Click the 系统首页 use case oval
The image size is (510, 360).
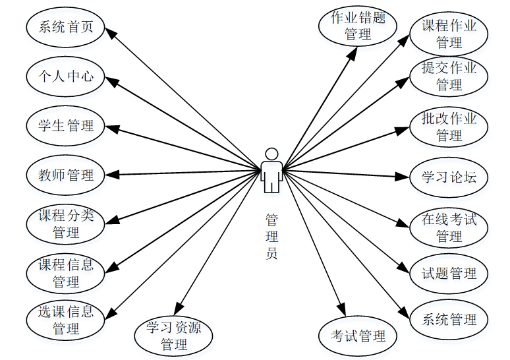66,27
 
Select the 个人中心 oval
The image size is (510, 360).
66,76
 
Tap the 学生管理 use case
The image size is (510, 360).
66,125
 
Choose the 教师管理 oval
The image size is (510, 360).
66,175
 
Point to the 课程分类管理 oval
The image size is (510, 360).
66,224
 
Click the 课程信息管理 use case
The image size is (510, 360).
66,273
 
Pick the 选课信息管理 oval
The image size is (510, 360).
66,319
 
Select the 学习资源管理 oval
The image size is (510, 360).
174,335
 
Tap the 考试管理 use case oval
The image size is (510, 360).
358,336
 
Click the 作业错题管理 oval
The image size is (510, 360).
358,26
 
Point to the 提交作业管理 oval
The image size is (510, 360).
449,76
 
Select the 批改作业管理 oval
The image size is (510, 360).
449,127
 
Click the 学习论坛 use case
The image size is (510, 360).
449,177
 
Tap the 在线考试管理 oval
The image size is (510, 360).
449,227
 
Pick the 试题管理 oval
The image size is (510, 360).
449,273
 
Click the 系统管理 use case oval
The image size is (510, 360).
449,320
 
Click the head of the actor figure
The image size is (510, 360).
271,154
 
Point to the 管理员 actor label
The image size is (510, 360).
271,236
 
